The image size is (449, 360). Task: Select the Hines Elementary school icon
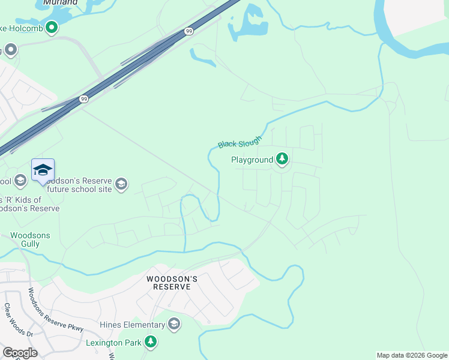174,325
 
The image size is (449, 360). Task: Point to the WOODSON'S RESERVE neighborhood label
169,283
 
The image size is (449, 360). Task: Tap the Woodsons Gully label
30,240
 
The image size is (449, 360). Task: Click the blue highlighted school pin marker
43,170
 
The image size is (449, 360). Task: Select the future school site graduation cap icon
121,184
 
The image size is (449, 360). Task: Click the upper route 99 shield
188,31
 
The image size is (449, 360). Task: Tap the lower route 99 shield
83,100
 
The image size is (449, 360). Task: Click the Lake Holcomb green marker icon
52,26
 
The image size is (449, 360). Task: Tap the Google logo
20,353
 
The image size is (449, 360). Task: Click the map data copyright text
411,355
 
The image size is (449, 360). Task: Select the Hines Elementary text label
133,325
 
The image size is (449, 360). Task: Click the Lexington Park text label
113,343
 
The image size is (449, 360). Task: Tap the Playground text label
252,160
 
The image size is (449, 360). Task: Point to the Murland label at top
61,2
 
